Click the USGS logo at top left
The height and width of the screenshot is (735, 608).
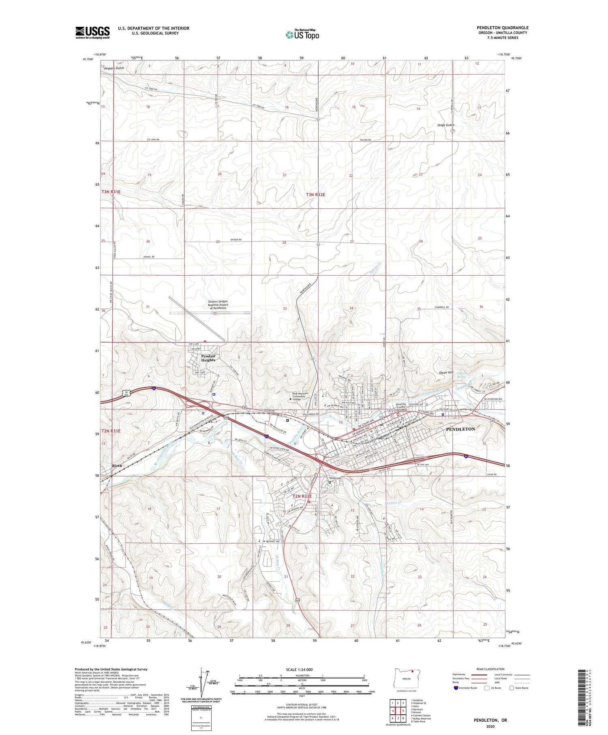[x=92, y=32]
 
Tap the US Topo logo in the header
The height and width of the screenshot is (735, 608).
[x=302, y=34]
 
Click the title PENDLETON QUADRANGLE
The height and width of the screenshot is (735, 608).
[x=502, y=28]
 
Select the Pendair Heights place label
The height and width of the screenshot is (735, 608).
[x=208, y=358]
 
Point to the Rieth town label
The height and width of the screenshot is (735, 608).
[x=117, y=466]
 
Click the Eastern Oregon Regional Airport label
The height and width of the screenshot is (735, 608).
[x=218, y=305]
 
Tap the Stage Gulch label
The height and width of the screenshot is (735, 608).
[x=445, y=125]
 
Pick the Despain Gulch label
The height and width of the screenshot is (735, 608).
[x=113, y=68]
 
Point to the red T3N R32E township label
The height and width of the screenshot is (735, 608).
[x=315, y=195]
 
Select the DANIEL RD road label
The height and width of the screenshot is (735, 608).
[x=149, y=257]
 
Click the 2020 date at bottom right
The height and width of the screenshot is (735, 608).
[x=490, y=726]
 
